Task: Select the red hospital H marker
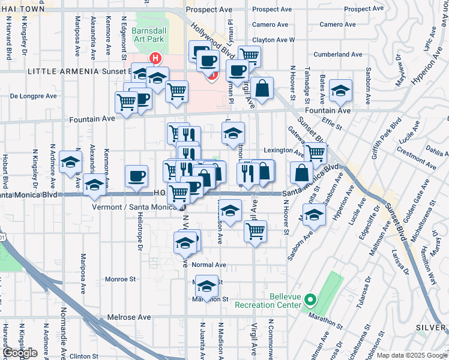point(155,59)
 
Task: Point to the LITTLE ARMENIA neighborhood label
point(63,71)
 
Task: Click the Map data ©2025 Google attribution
point(412,355)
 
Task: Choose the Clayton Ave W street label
point(274,40)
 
